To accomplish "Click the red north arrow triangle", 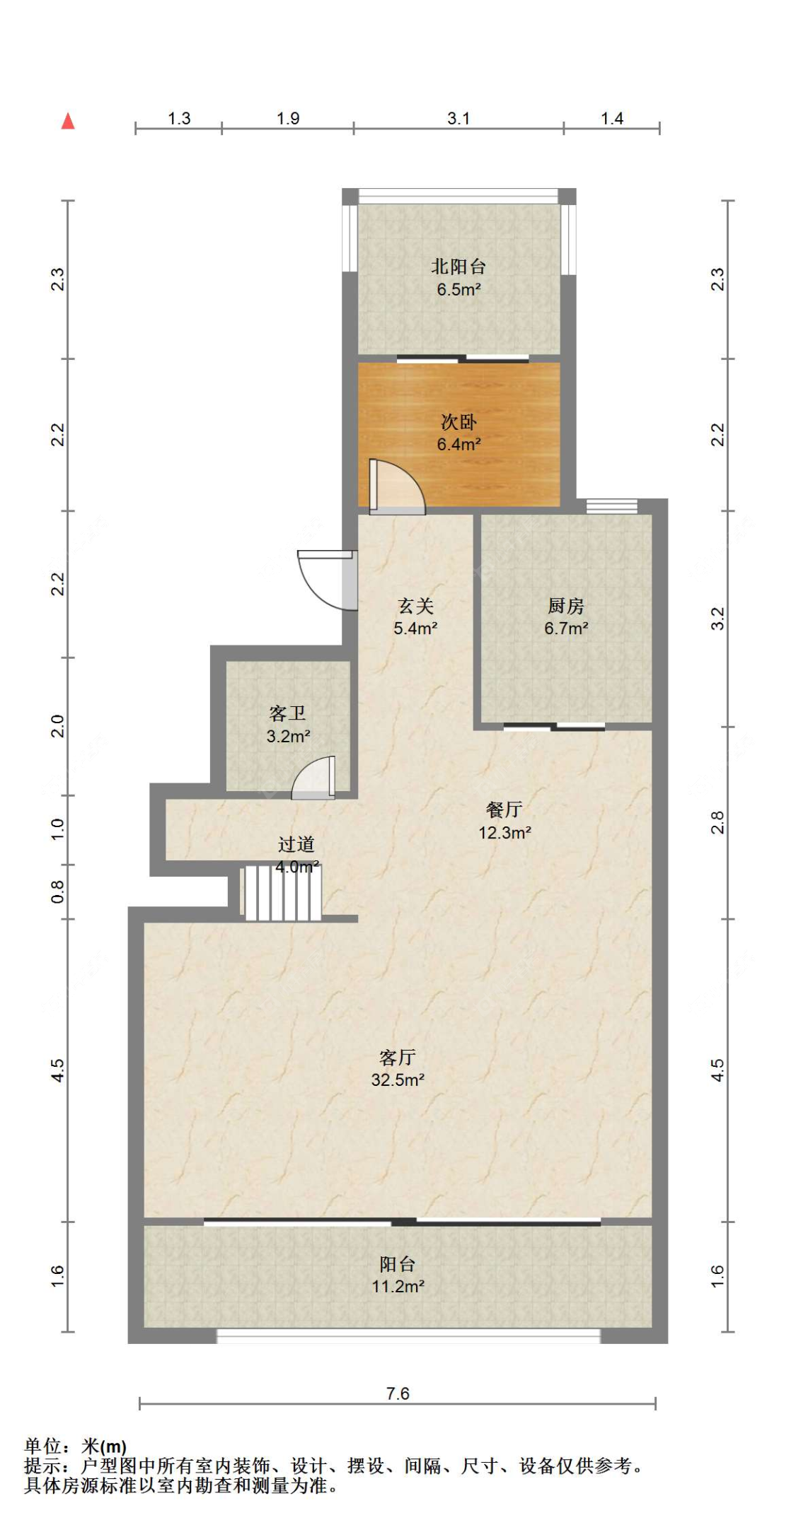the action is (68, 121).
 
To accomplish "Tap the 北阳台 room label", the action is (458, 267).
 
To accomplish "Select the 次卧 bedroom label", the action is (458, 422).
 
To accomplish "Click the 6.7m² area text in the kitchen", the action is (566, 628).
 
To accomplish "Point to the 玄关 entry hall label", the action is (415, 606).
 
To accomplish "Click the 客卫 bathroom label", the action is (287, 713).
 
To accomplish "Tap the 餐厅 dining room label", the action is (504, 809).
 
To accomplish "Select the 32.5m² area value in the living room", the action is (398, 1080).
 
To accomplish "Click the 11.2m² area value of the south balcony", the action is (398, 1286).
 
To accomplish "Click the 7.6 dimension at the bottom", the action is (398, 1393).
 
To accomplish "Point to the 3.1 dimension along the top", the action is (458, 118).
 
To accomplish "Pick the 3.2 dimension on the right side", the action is (717, 619).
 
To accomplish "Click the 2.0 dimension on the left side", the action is (57, 726).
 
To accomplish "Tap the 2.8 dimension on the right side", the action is (717, 822).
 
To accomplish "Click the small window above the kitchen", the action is (612, 506).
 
